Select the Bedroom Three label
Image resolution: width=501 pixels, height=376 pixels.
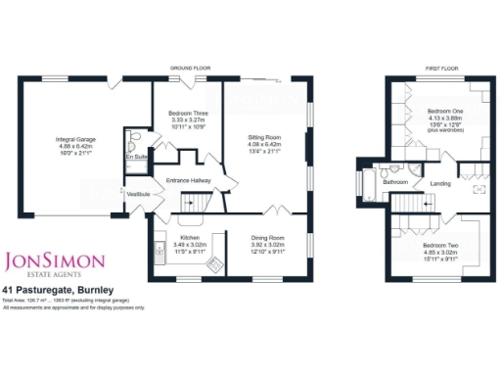coord(186,114)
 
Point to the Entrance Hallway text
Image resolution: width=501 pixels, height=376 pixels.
coord(191,181)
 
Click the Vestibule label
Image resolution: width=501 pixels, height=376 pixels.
coord(139,195)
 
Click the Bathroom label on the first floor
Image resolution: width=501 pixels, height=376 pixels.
coord(395,182)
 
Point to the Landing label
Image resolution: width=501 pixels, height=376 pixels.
coord(441,182)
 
